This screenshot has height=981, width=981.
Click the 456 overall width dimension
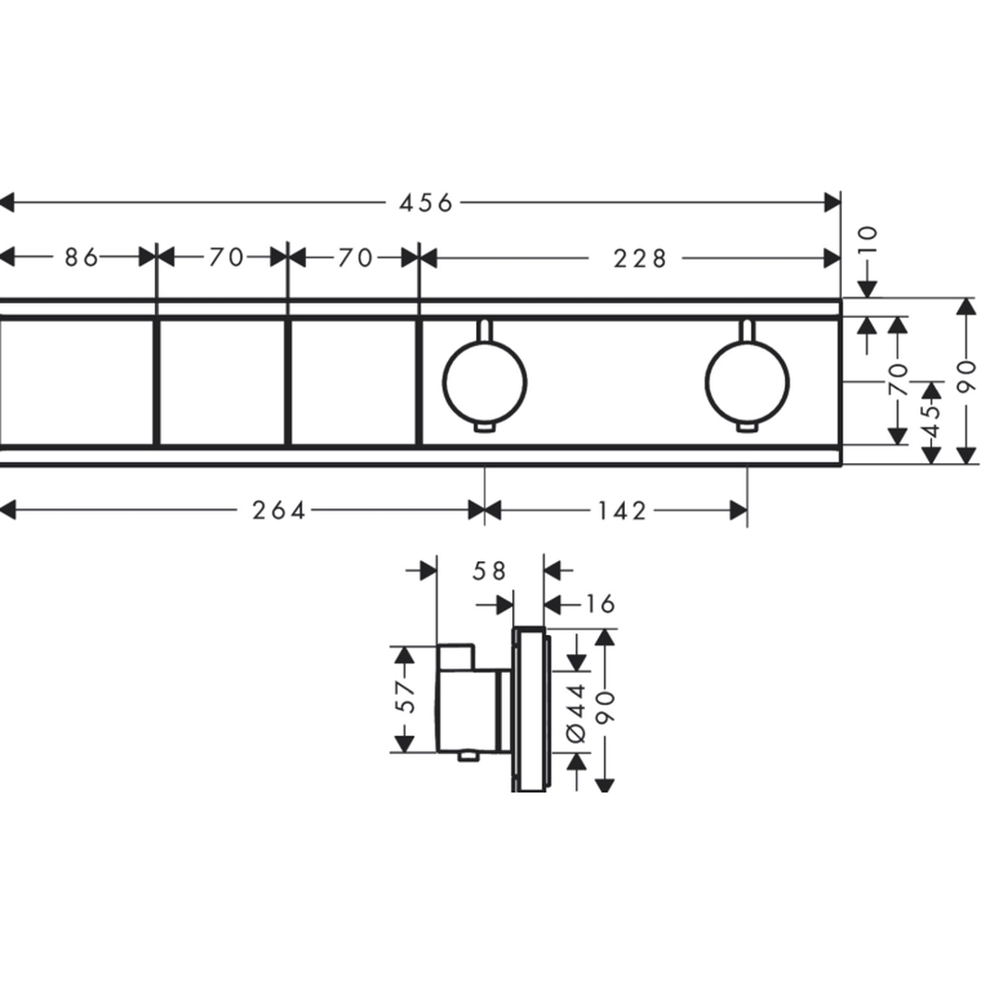point(426,203)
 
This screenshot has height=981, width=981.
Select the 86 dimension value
point(82,257)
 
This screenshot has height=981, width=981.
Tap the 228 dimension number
point(640,258)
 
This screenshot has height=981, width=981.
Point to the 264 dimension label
point(279,510)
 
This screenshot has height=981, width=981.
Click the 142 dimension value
point(621,510)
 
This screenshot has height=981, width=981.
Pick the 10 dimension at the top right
point(868,240)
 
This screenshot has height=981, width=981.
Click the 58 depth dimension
point(490,570)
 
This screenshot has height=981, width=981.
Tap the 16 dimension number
point(600,604)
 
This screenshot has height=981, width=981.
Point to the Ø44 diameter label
point(576,713)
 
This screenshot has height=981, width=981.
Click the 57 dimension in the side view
point(406,697)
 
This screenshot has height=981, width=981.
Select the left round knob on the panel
point(485,382)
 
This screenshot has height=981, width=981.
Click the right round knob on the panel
point(747,382)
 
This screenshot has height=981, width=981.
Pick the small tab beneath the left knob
point(485,427)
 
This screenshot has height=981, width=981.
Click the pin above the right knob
point(747,331)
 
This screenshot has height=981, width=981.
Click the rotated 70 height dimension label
point(897,379)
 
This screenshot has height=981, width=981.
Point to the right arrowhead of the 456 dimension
point(833,203)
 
